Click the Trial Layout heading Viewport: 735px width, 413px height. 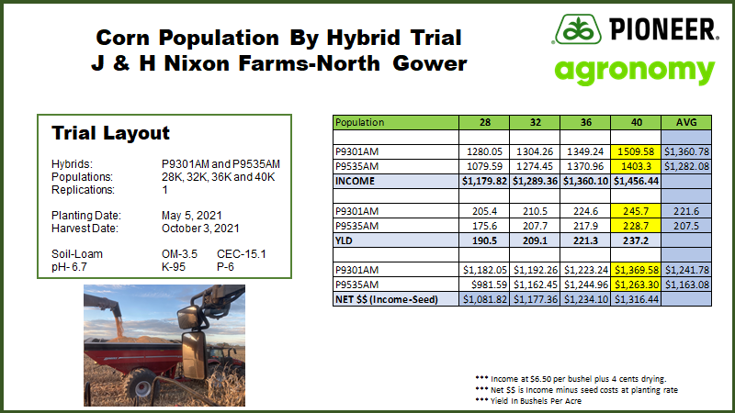point(110,132)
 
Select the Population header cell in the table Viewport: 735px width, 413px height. point(360,121)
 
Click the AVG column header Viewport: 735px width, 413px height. point(687,121)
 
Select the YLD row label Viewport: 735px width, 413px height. point(345,240)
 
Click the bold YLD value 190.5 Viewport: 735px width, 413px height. point(482,240)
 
